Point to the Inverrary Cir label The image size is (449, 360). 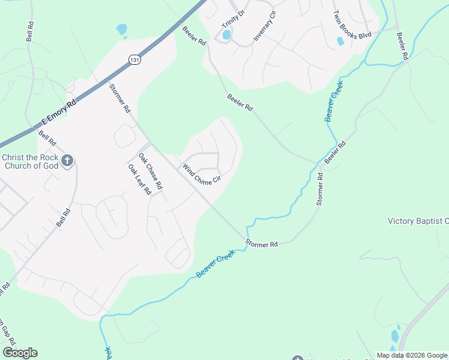coord(264,26)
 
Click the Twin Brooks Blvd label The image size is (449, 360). coord(352,25)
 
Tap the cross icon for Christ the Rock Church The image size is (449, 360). coord(67,160)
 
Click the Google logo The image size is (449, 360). coord(20,353)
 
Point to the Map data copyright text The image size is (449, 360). coord(412,355)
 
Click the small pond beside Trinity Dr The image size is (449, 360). coord(227,35)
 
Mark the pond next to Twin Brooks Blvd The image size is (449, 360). coord(340,41)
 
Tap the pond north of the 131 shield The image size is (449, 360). coord(122,29)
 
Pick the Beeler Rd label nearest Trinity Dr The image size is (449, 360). coord(194,36)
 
